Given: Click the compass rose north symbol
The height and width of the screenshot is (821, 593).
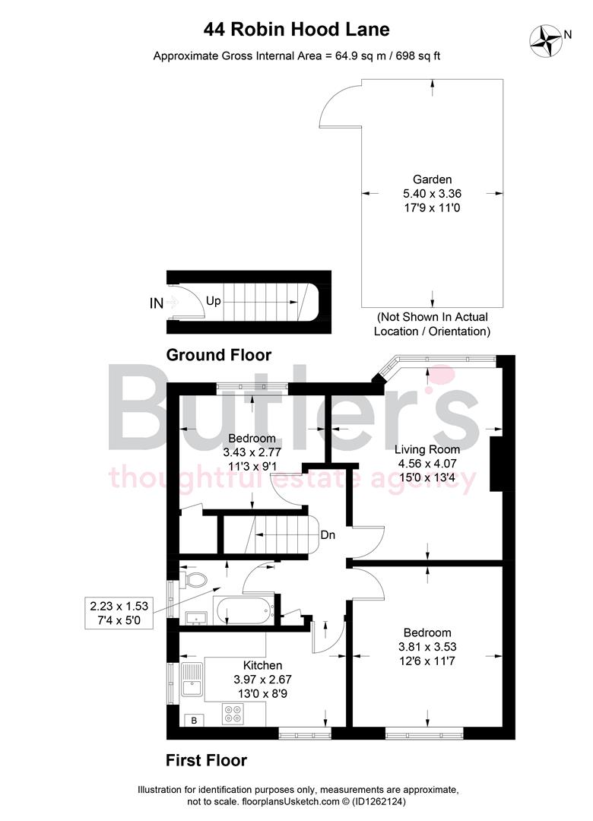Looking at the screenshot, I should (x=547, y=39).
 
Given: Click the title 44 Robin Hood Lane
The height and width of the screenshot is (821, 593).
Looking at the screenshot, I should (x=296, y=30).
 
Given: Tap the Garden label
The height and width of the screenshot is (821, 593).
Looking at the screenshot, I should (x=432, y=179).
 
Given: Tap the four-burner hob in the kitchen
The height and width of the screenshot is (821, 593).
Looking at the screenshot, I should (x=233, y=714).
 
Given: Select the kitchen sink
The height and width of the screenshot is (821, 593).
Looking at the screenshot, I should (x=192, y=680).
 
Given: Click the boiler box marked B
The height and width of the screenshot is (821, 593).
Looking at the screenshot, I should (x=194, y=720).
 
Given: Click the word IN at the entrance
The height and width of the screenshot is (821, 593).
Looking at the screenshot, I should (x=157, y=303).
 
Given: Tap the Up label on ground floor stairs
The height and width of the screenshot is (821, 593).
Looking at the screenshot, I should (x=213, y=301).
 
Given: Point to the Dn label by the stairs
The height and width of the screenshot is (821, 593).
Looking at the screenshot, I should (x=328, y=535).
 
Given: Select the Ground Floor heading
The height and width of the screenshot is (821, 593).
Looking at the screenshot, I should (x=218, y=354).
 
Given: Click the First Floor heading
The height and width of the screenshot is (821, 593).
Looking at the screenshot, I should (x=206, y=759).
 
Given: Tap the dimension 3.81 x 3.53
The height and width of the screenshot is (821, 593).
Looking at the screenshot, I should (x=427, y=647).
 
